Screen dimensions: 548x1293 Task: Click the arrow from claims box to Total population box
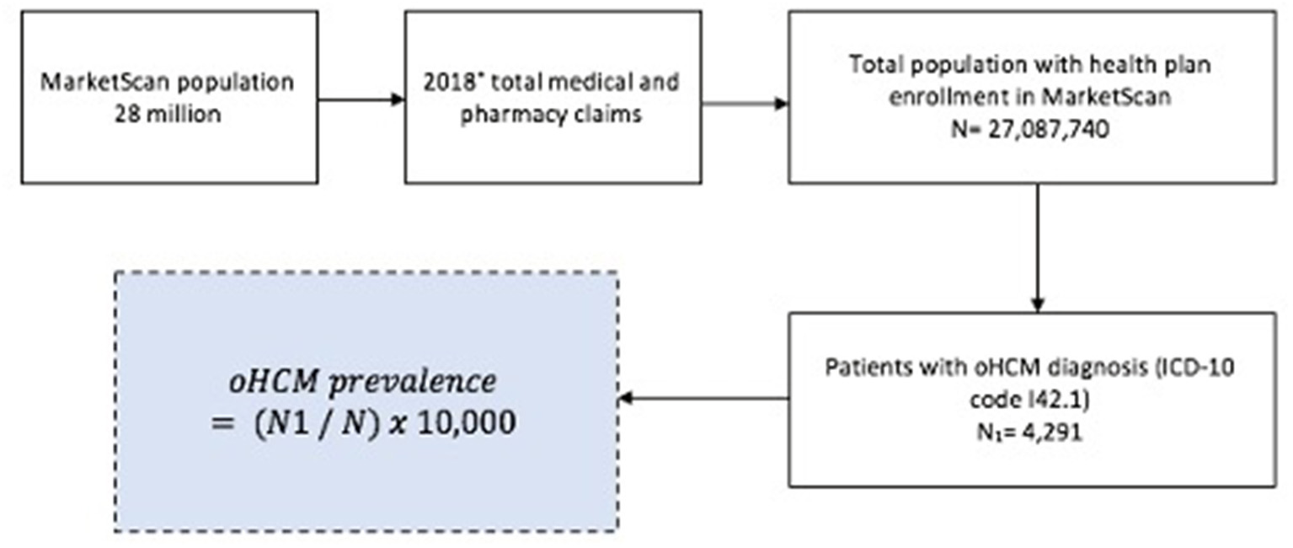(x=745, y=104)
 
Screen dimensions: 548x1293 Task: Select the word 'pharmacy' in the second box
(x=500, y=115)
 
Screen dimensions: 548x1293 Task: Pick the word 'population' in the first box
(x=245, y=84)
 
